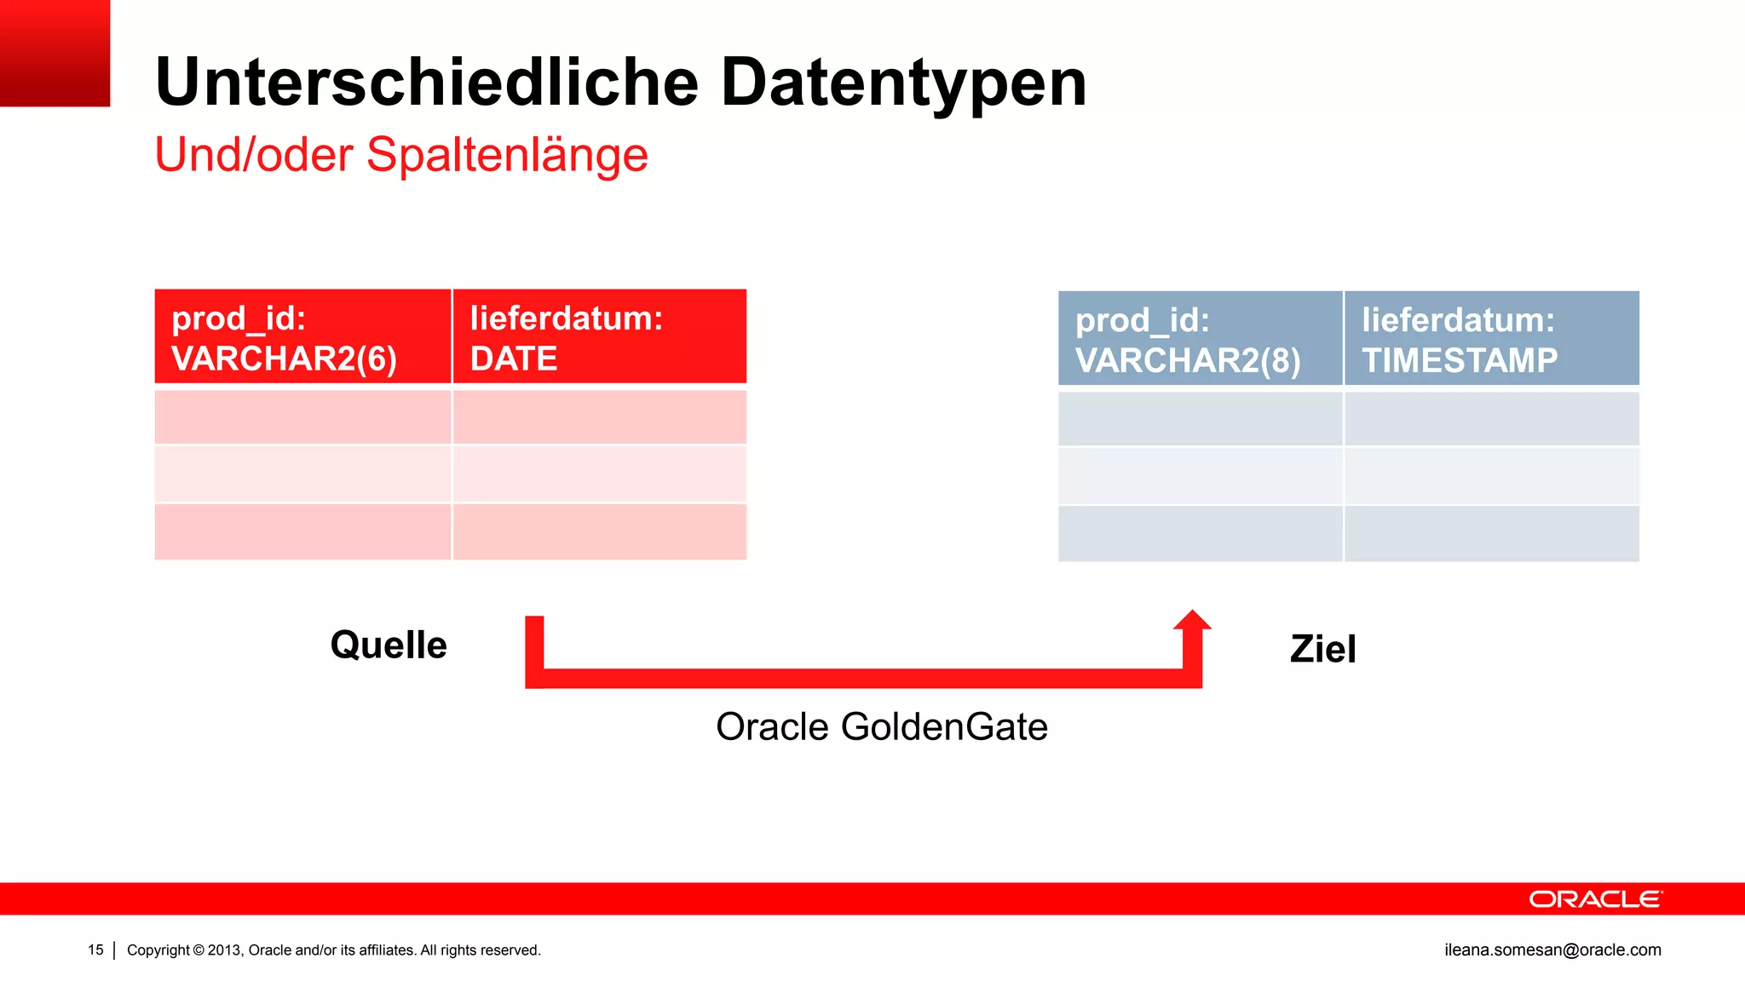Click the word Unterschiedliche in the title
coord(427,83)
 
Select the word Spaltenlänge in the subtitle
coord(507,155)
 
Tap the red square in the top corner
coord(55,53)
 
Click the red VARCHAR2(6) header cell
coord(302,337)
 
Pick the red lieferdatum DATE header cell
coord(599,337)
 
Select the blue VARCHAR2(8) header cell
coord(1200,339)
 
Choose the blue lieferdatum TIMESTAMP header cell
coord(1491,339)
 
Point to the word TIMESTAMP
coord(1459,360)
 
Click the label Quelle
coord(389,645)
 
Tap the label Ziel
coord(1322,649)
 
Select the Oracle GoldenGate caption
coord(882,727)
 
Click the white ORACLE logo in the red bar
coord(1595,899)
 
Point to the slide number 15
coord(95,949)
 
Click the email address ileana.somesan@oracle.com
coord(1552,949)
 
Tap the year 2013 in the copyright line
coord(225,950)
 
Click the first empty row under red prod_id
coord(302,417)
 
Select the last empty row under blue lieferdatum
coord(1491,534)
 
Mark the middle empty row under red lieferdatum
coord(599,474)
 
